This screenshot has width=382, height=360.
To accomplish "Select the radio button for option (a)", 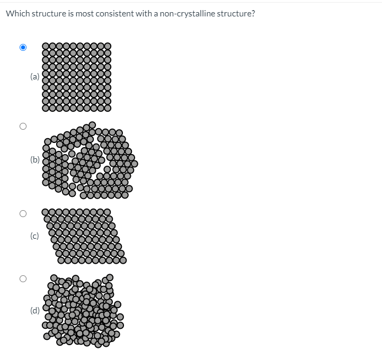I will click(x=23, y=47).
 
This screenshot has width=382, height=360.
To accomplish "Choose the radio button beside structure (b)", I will click(x=23, y=127).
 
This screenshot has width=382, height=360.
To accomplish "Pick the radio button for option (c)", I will click(x=23, y=214).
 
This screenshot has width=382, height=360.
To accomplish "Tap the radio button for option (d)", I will click(x=23, y=278).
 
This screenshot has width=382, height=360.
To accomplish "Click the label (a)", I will click(x=34, y=76).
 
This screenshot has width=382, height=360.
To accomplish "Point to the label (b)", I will click(x=35, y=159).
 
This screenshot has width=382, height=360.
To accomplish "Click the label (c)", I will click(x=34, y=236).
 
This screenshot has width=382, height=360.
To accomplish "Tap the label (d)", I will click(x=35, y=310).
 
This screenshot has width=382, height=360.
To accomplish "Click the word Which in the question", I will click(x=16, y=13).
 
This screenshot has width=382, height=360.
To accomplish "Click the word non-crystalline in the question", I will click(x=184, y=13).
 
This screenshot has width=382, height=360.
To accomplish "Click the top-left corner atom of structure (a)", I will click(x=46, y=47).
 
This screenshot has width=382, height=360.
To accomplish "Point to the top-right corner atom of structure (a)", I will click(x=108, y=47).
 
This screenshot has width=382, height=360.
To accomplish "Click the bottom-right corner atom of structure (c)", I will click(x=123, y=259).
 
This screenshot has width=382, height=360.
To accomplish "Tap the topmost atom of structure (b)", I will click(x=92, y=125).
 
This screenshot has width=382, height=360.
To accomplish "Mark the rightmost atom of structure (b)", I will click(x=135, y=164).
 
